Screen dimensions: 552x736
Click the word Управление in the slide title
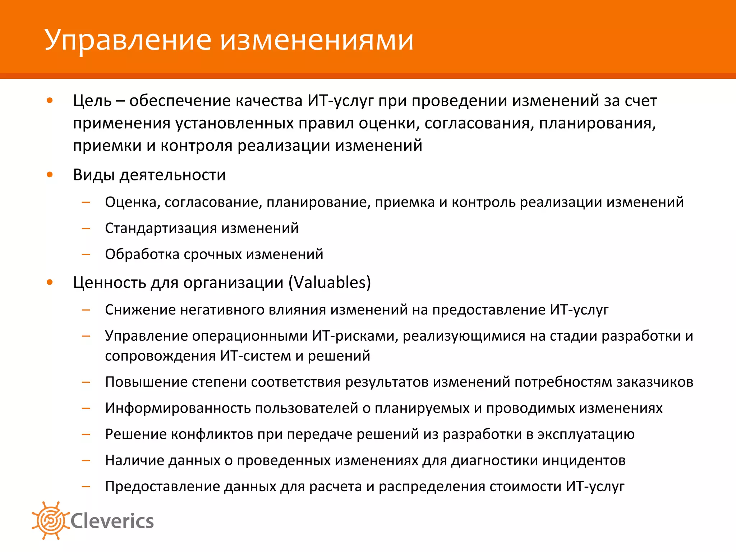pyautogui.click(x=128, y=40)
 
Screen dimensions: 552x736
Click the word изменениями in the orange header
pyautogui.click(x=317, y=40)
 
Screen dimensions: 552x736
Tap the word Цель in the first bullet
pyautogui.click(x=92, y=101)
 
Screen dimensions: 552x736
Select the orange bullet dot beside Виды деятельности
pyautogui.click(x=50, y=175)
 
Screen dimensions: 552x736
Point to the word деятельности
pyautogui.click(x=172, y=175)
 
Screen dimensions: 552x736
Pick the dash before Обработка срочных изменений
pyautogui.click(x=86, y=254)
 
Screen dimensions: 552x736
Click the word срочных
pyautogui.click(x=213, y=254)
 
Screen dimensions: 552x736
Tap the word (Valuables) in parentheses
pyautogui.click(x=330, y=282)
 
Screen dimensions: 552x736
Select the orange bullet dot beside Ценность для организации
pyautogui.click(x=50, y=282)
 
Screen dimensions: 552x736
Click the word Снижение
pyautogui.click(x=141, y=310)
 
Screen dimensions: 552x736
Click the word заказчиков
pyautogui.click(x=654, y=382)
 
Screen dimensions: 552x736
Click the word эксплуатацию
pyautogui.click(x=586, y=434)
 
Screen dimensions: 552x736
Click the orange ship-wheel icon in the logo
pyautogui.click(x=51, y=520)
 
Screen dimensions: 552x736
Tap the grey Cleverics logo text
pyautogui.click(x=112, y=521)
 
